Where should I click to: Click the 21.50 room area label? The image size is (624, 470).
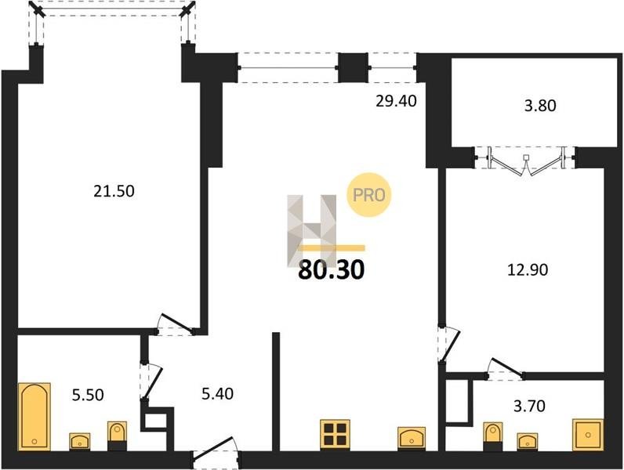114,191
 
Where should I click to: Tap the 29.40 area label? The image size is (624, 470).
396,101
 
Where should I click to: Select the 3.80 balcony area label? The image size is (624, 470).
540,106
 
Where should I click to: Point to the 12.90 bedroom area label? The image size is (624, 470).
528,269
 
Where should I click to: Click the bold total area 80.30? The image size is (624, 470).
331,270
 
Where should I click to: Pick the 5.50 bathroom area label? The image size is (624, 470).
88,395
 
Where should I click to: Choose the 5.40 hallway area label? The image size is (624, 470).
217,394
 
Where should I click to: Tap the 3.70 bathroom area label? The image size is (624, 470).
529,406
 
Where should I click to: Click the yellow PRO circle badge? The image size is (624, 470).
369,195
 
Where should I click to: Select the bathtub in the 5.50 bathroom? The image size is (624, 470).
34,417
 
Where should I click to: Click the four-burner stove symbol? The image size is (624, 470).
335,434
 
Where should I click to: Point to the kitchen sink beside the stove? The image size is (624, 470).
412,439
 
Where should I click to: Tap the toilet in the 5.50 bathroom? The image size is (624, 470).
117,436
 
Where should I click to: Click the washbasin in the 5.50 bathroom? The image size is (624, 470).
80,442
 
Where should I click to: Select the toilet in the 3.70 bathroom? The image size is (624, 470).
492,436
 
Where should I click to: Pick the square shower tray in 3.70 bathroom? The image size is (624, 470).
588,435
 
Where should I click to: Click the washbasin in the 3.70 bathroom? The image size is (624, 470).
528,442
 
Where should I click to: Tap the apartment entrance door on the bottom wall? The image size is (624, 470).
216,454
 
